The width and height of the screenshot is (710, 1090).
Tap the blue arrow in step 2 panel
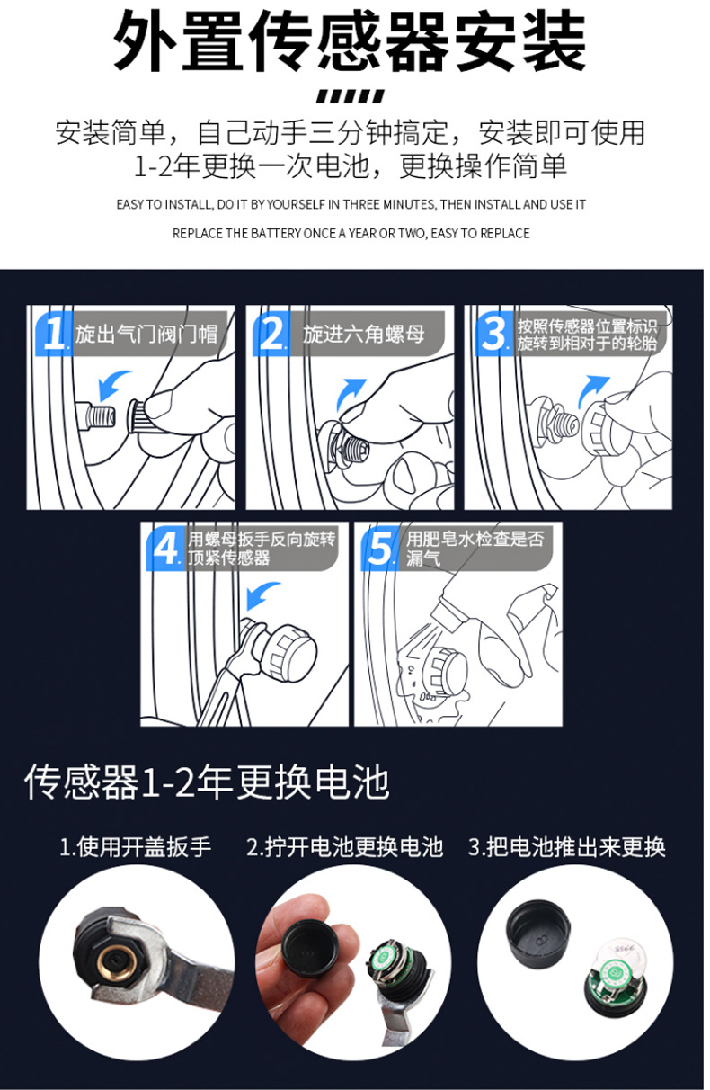pyautogui.click(x=350, y=392)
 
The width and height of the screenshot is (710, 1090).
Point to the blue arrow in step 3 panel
pyautogui.click(x=591, y=390)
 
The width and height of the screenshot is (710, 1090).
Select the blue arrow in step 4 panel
pyautogui.click(x=261, y=594)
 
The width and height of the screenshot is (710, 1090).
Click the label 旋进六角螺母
pyautogui.click(x=363, y=335)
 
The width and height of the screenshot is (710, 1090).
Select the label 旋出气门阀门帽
pyautogui.click(x=146, y=335)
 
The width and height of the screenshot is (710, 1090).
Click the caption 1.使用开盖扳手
pyautogui.click(x=135, y=847)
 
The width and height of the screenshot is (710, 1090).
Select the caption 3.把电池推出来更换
pyautogui.click(x=566, y=847)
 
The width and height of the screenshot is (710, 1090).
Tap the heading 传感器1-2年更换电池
pyautogui.click(x=207, y=782)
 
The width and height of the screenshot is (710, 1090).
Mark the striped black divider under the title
pyautogui.click(x=351, y=96)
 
